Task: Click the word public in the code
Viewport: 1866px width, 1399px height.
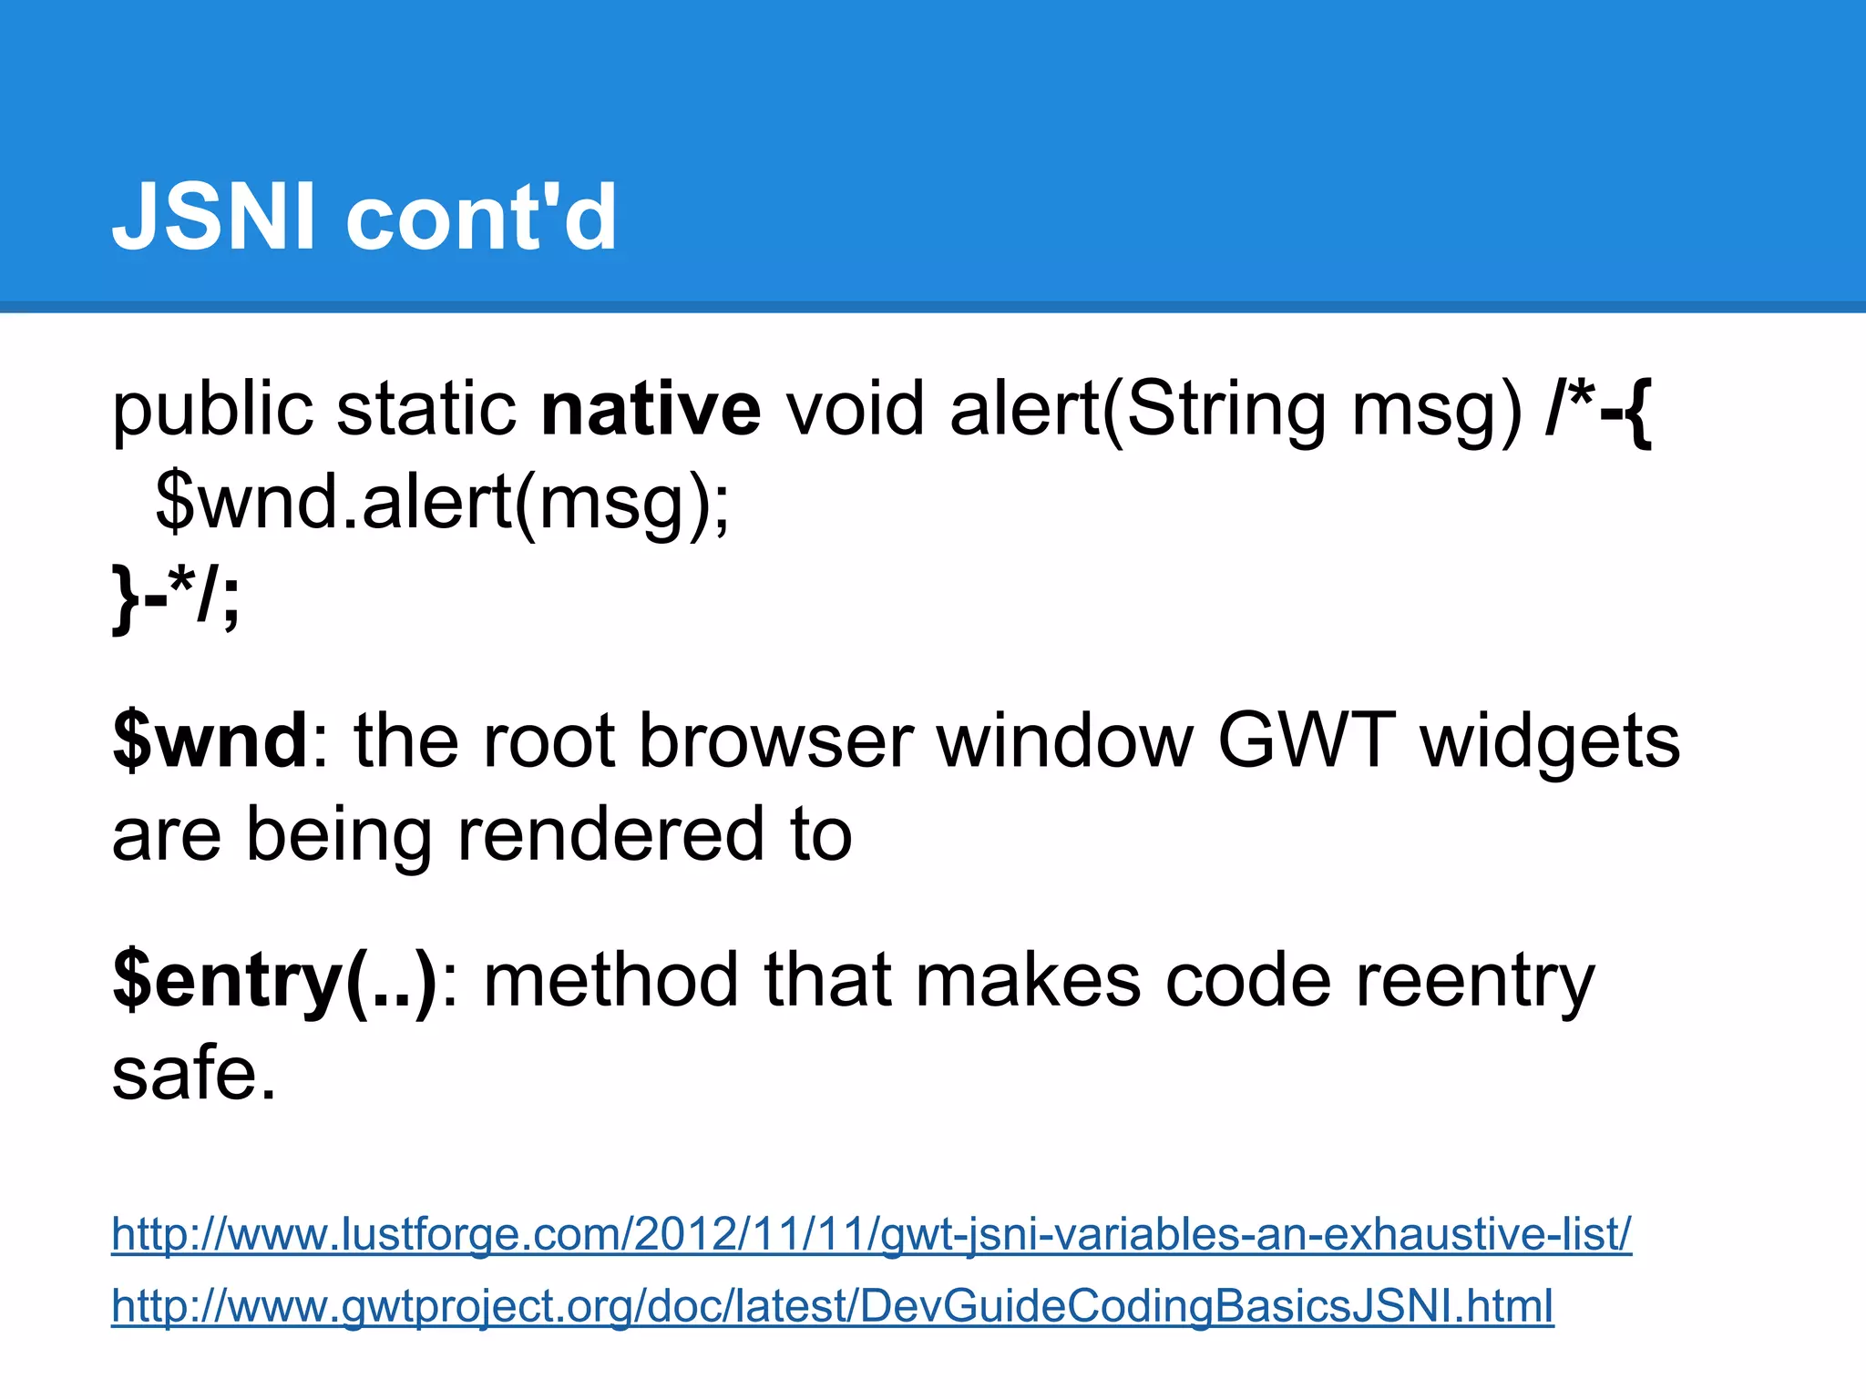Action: (212, 412)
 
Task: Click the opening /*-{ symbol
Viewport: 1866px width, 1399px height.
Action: (1598, 411)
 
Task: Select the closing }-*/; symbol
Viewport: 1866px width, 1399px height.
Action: (176, 597)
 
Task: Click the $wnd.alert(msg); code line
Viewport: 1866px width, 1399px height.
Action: (443, 504)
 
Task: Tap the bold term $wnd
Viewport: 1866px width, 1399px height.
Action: (210, 740)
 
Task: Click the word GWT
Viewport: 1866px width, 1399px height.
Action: (1306, 740)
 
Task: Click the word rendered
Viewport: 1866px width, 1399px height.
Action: (610, 835)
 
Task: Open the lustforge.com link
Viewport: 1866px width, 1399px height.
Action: (871, 1234)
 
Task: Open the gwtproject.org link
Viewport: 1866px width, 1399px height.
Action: (832, 1306)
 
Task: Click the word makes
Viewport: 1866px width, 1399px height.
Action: (1027, 980)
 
